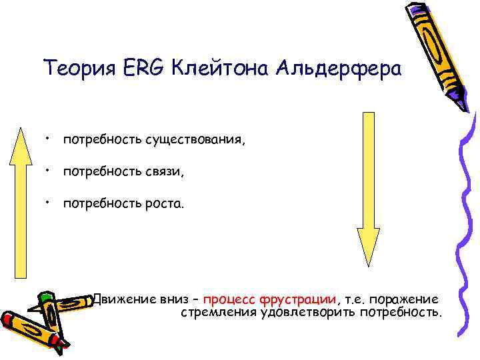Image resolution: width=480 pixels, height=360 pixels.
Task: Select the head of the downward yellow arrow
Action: (368, 243)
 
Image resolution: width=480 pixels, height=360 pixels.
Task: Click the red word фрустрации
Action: (309, 299)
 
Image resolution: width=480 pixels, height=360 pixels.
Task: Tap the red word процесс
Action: (231, 300)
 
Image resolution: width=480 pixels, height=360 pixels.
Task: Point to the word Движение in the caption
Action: (124, 299)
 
